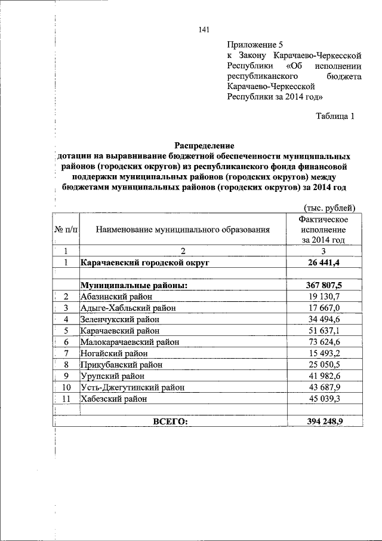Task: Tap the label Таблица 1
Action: coord(335,116)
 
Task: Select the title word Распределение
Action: coord(204,145)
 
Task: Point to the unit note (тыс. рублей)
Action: coord(330,208)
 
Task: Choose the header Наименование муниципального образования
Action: coord(183,229)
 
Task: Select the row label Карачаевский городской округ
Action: coord(146,262)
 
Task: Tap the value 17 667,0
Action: coord(324,308)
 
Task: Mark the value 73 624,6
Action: coord(324,342)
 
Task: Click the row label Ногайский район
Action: coord(115,353)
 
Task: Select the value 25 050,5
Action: coord(324,365)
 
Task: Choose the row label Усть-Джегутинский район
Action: coord(133,387)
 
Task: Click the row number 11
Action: coord(66,399)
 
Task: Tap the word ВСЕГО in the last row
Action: coord(170,421)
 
